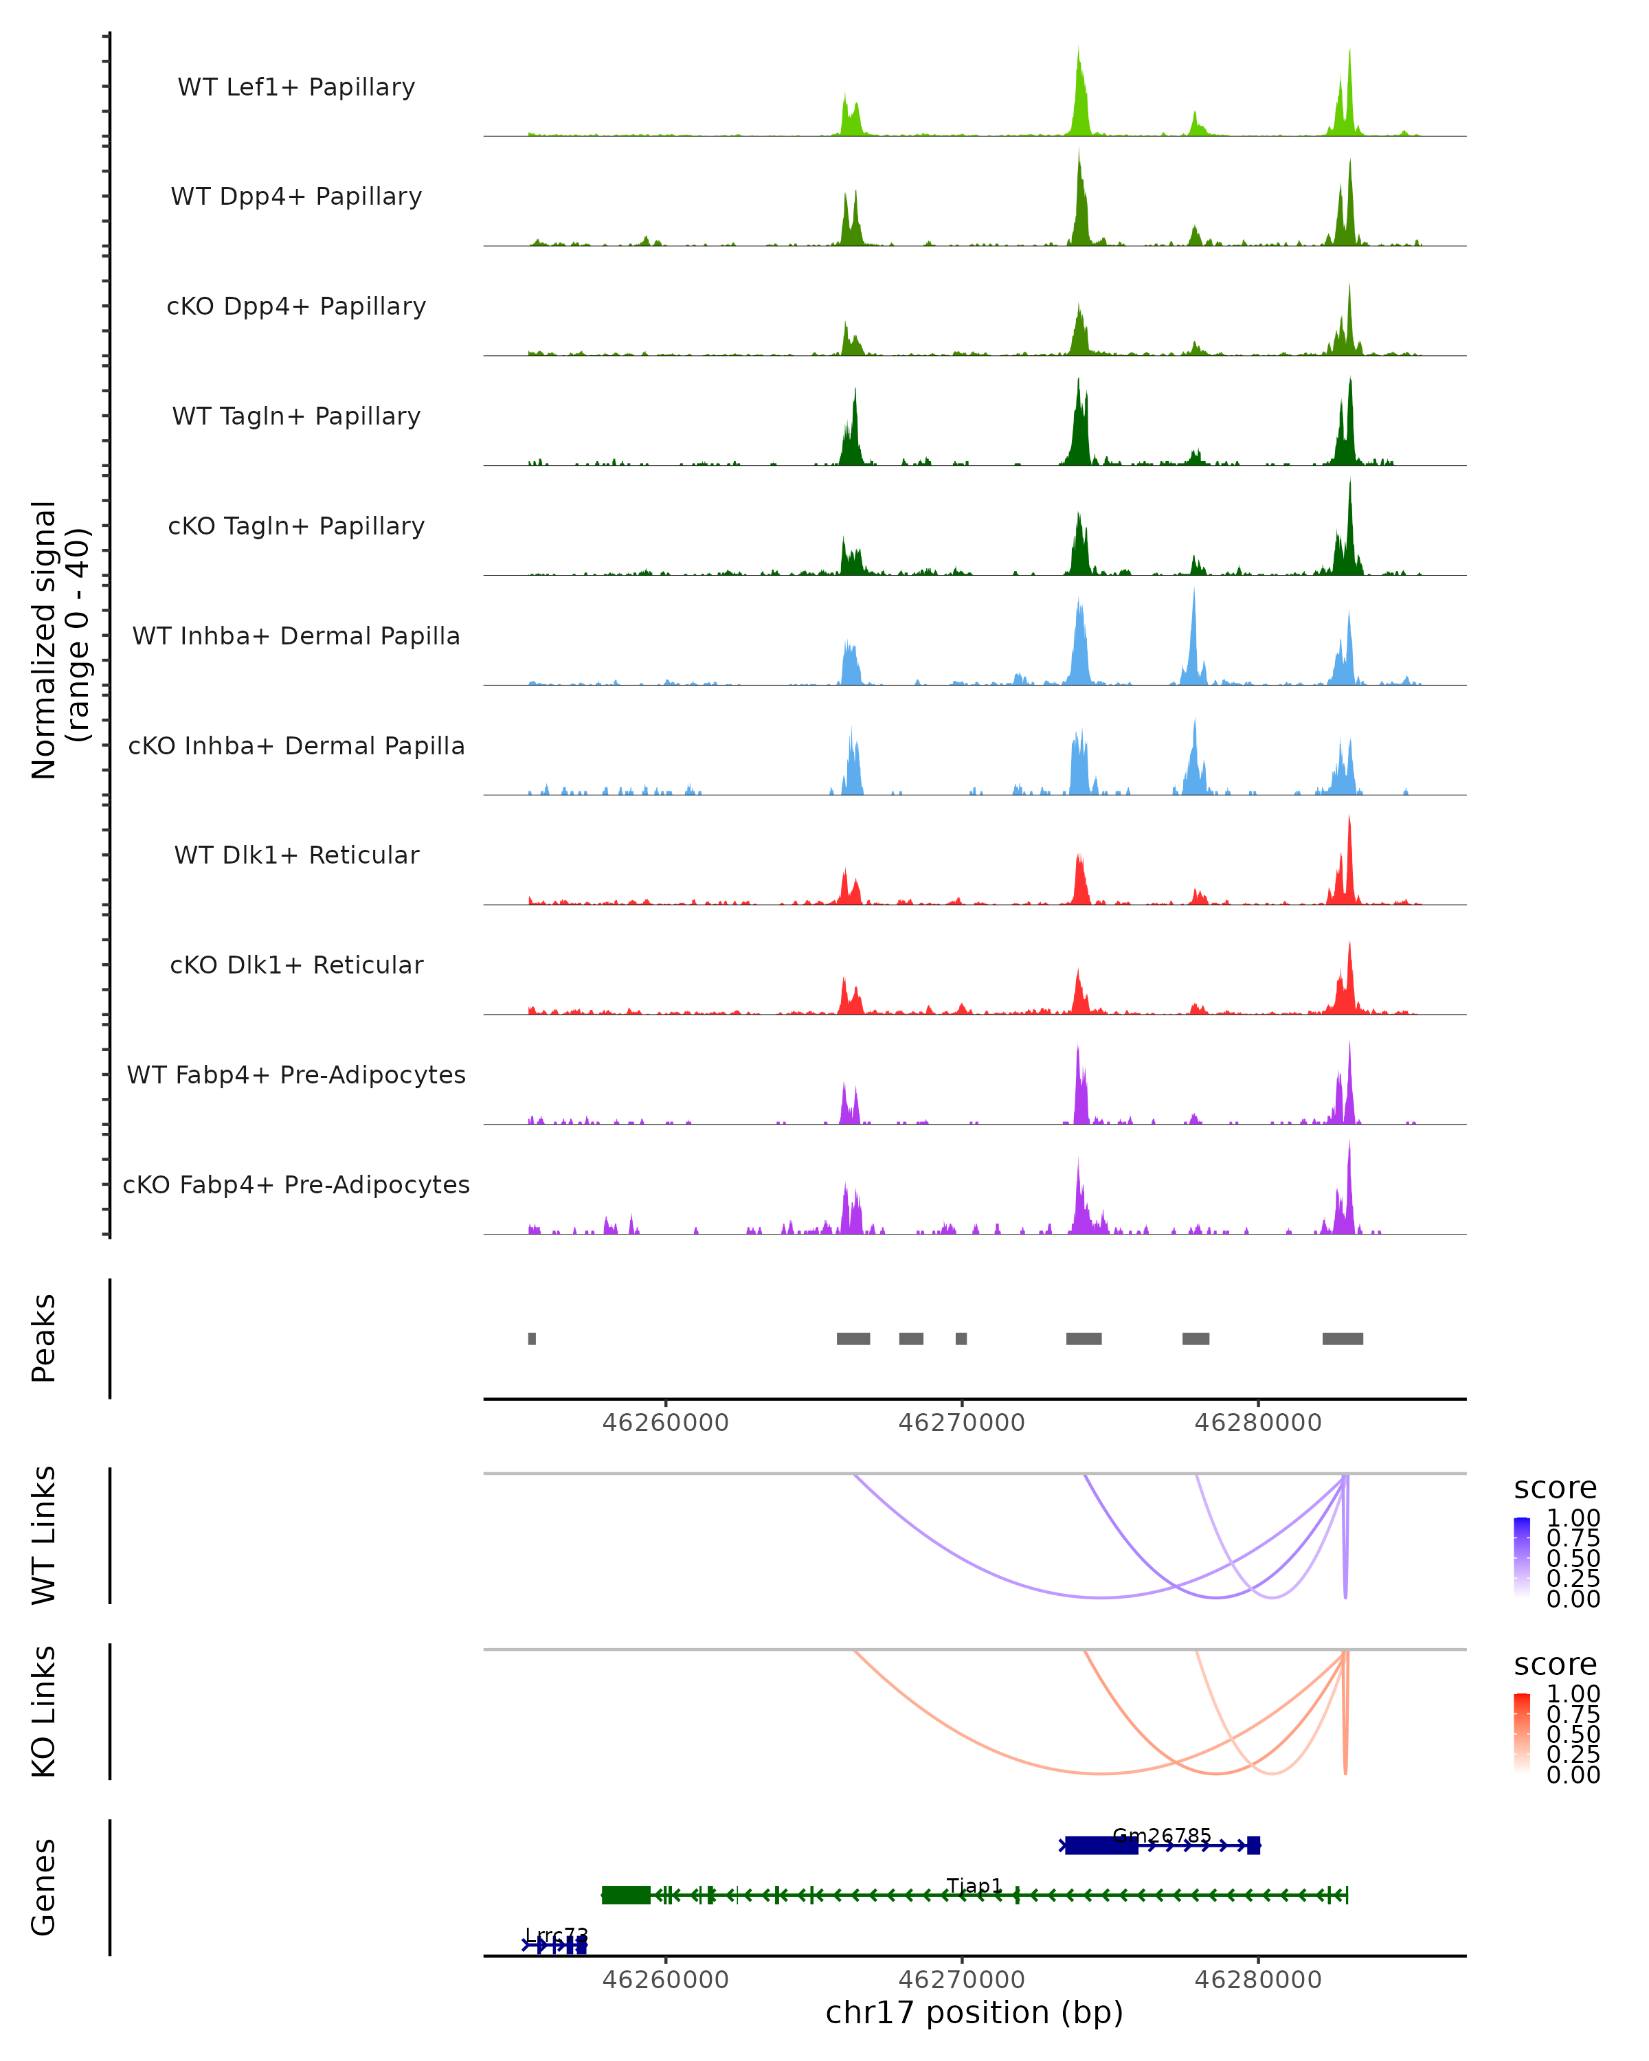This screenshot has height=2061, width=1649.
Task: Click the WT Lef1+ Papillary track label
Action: point(296,87)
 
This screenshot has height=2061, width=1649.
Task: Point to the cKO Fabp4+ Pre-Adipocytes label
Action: point(296,1184)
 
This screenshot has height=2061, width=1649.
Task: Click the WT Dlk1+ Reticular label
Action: point(296,855)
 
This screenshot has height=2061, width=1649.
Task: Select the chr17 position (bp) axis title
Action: point(974,2012)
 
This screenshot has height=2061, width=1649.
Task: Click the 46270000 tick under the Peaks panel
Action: point(962,1423)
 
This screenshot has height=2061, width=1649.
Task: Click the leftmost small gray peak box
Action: point(532,1338)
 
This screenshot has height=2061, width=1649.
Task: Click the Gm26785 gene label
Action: point(1161,1836)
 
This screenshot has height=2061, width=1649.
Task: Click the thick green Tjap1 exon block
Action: point(626,1895)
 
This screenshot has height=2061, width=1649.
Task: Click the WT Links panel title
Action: point(44,1535)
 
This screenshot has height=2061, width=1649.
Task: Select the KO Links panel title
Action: point(44,1711)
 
